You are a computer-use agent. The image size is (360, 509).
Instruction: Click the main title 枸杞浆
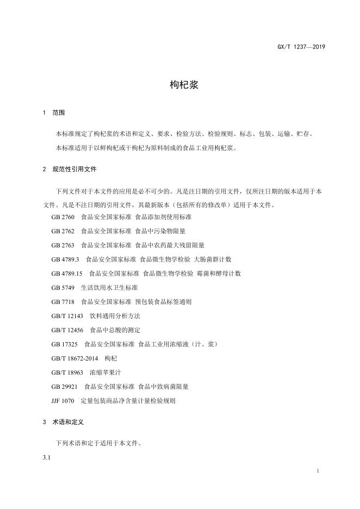(180, 85)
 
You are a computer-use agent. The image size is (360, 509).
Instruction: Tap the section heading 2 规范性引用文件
(69, 169)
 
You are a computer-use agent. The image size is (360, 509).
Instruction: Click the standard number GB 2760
(63, 217)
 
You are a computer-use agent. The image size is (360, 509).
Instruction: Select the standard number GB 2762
(63, 231)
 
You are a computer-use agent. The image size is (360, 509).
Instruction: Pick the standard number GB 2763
(63, 245)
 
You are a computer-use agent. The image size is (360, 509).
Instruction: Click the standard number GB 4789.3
(65, 259)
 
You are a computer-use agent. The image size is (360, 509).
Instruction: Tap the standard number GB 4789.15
(67, 274)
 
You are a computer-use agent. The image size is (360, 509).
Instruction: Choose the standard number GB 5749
(63, 288)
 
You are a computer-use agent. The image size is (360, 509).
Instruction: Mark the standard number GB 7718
(63, 302)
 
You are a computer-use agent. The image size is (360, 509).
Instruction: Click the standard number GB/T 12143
(67, 316)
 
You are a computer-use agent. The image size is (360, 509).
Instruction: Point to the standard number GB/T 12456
(67, 330)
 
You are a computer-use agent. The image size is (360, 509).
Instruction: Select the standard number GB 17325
(65, 344)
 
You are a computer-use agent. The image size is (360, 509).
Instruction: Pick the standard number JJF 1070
(63, 401)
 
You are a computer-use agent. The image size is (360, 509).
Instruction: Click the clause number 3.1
(46, 457)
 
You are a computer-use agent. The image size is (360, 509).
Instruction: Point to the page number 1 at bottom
(317, 470)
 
